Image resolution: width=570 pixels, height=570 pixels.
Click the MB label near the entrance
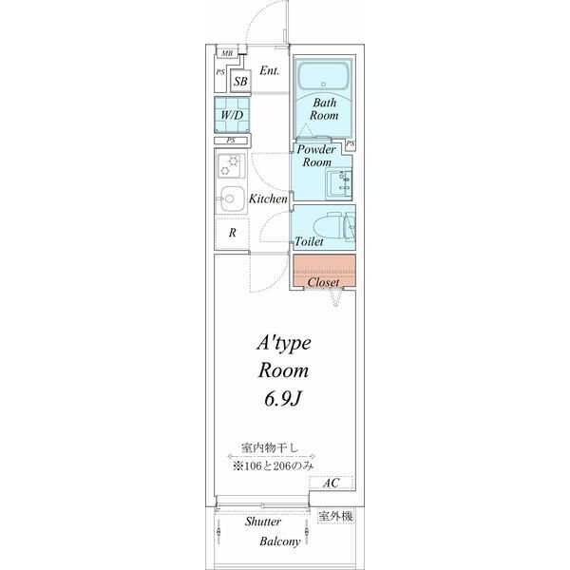227,53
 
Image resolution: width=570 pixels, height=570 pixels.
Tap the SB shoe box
240,81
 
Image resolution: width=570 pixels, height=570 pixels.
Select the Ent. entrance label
270,70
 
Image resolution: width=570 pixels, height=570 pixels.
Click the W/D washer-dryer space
232,115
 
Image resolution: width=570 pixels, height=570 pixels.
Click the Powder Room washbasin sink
339,183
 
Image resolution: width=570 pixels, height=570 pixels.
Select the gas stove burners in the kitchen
229,165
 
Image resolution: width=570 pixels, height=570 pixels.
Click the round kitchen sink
231,199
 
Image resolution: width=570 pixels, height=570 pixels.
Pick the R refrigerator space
232,233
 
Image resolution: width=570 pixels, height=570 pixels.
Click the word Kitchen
268,199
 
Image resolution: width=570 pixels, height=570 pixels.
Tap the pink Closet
324,271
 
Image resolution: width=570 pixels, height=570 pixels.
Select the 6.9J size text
283,399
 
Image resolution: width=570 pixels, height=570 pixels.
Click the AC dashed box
332,483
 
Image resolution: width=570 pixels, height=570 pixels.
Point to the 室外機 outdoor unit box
335,516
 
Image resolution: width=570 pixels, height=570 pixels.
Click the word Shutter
262,522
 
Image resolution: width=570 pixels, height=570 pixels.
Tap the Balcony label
280,541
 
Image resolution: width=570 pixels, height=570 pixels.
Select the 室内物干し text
270,447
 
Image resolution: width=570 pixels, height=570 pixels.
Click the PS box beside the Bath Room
350,144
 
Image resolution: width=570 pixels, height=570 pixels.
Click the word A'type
283,343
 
